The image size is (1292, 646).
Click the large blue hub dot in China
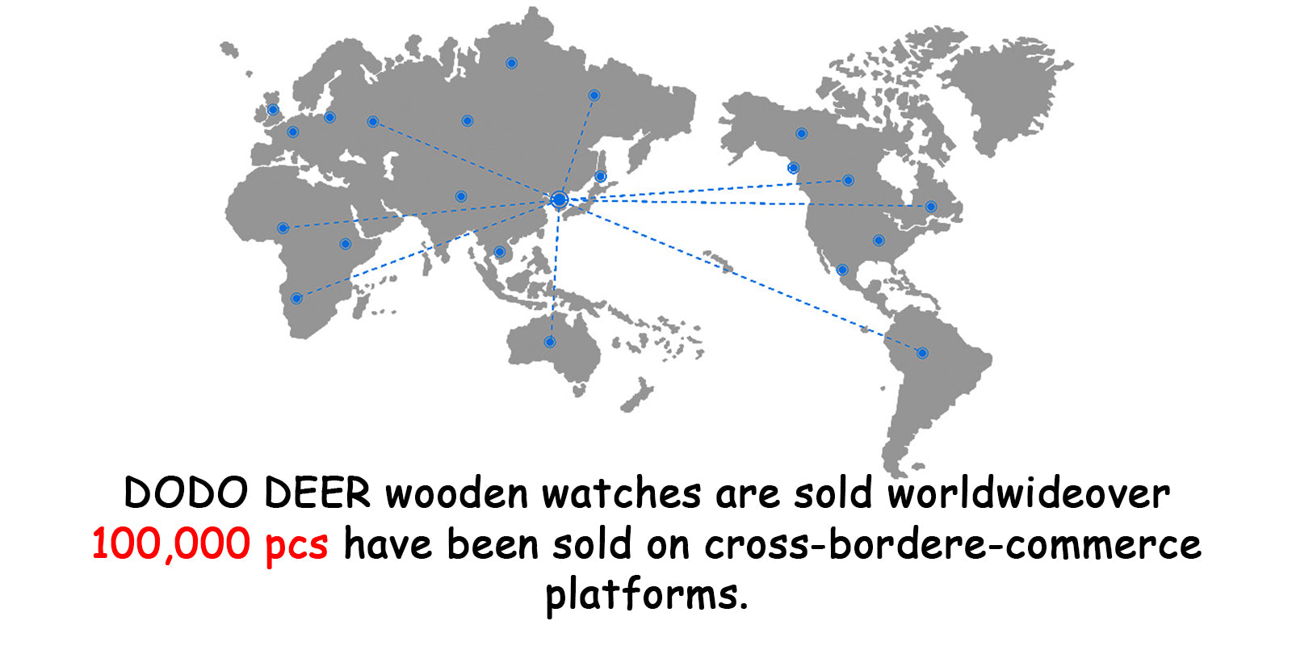pyautogui.click(x=559, y=199)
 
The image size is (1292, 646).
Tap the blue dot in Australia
pyautogui.click(x=550, y=342)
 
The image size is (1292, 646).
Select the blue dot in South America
pyautogui.click(x=922, y=353)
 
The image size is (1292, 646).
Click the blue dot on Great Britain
pyautogui.click(x=273, y=110)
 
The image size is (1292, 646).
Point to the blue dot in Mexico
pyautogui.click(x=842, y=270)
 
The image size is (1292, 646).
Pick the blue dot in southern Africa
pyautogui.click(x=296, y=299)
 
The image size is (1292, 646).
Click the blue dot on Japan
pyautogui.click(x=600, y=177)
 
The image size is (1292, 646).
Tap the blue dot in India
pyautogui.click(x=460, y=196)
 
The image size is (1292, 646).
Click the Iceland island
pyautogui.click(x=229, y=50)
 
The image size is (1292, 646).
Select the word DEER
pyautogui.click(x=317, y=493)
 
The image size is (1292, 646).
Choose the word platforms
pyautogui.click(x=645, y=595)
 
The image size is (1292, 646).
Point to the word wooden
pyautogui.click(x=456, y=493)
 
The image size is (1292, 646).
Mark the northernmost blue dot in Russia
pyautogui.click(x=511, y=63)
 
